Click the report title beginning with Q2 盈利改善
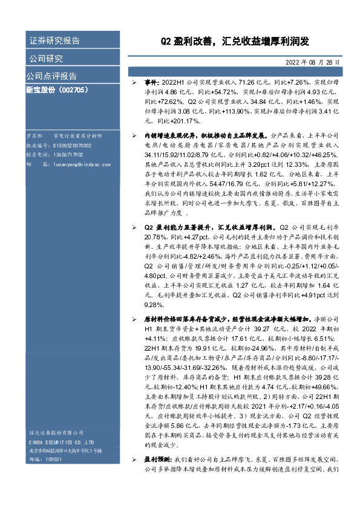234,41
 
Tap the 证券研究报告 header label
54,41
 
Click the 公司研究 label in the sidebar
46,59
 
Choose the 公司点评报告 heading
51,76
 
